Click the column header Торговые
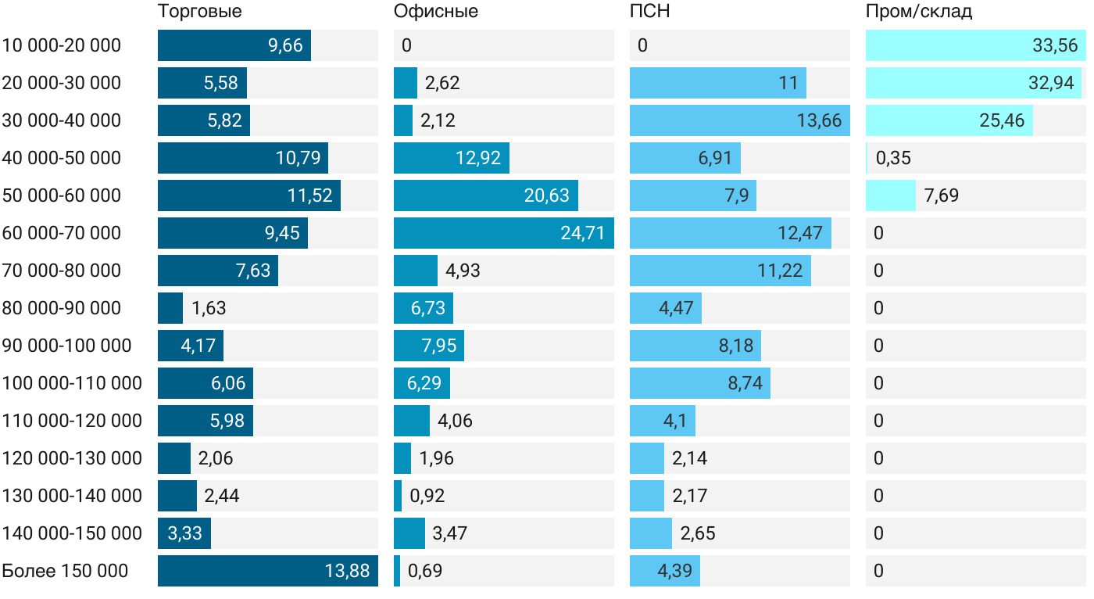pyautogui.click(x=199, y=12)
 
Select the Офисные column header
pyautogui.click(x=436, y=12)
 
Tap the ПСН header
pyautogui.click(x=650, y=12)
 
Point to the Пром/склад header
pyautogui.click(x=919, y=12)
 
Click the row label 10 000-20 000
pyautogui.click(x=62, y=45)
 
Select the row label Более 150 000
pyautogui.click(x=65, y=571)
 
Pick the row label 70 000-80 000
pyautogui.click(x=62, y=271)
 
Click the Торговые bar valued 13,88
pyautogui.click(x=267, y=571)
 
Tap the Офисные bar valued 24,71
pyautogui.click(x=503, y=233)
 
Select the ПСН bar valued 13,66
pyautogui.click(x=739, y=120)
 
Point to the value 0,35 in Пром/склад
pyautogui.click(x=893, y=158)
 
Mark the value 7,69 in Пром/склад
pyautogui.click(x=941, y=195)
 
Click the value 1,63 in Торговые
pyautogui.click(x=209, y=308)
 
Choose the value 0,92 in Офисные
pyautogui.click(x=427, y=496)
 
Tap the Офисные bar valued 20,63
pyautogui.click(x=485, y=195)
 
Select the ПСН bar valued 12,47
pyautogui.click(x=730, y=233)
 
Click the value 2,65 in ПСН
pyautogui.click(x=698, y=533)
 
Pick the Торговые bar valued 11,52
pyautogui.click(x=248, y=195)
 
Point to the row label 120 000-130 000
pyautogui.click(x=72, y=458)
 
